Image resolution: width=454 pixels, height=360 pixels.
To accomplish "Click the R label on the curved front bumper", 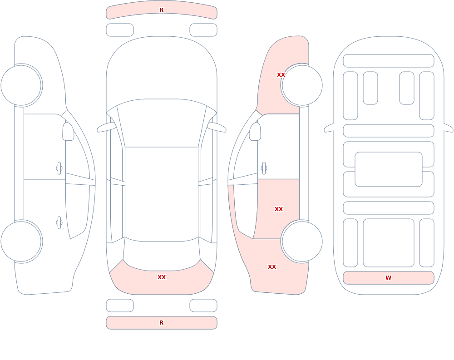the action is tap(162, 10).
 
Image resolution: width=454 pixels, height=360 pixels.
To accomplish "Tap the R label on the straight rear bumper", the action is tap(162, 323).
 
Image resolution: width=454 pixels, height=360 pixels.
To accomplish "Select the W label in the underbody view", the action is tap(388, 277).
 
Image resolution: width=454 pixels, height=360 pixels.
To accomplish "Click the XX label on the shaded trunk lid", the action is tap(162, 277).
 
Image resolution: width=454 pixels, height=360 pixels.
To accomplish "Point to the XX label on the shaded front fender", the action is tap(281, 75).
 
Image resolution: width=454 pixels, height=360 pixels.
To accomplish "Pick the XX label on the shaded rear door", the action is tap(279, 209).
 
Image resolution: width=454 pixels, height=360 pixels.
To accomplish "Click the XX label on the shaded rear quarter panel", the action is tap(272, 267).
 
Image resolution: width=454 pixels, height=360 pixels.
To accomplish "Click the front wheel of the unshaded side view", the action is tap(21, 85).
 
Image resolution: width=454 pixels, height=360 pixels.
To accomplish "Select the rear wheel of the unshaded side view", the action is tap(21, 242).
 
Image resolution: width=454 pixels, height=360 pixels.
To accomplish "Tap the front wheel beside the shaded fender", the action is tap(302, 85).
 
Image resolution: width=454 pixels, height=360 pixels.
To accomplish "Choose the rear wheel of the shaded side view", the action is tap(302, 242).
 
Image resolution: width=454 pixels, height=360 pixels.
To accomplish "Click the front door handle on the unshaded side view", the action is tap(59, 168).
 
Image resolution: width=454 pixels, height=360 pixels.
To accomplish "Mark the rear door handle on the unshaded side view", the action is tap(59, 223).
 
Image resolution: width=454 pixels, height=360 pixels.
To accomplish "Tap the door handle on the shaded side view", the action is tap(264, 168).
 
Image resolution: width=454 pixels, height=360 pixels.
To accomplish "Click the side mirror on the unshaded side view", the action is tap(68, 132).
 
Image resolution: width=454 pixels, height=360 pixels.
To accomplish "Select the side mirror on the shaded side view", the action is tap(255, 132).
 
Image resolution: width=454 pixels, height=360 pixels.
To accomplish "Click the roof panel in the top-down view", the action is tap(162, 194).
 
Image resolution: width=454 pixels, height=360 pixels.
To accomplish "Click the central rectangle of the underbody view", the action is tap(389, 169).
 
